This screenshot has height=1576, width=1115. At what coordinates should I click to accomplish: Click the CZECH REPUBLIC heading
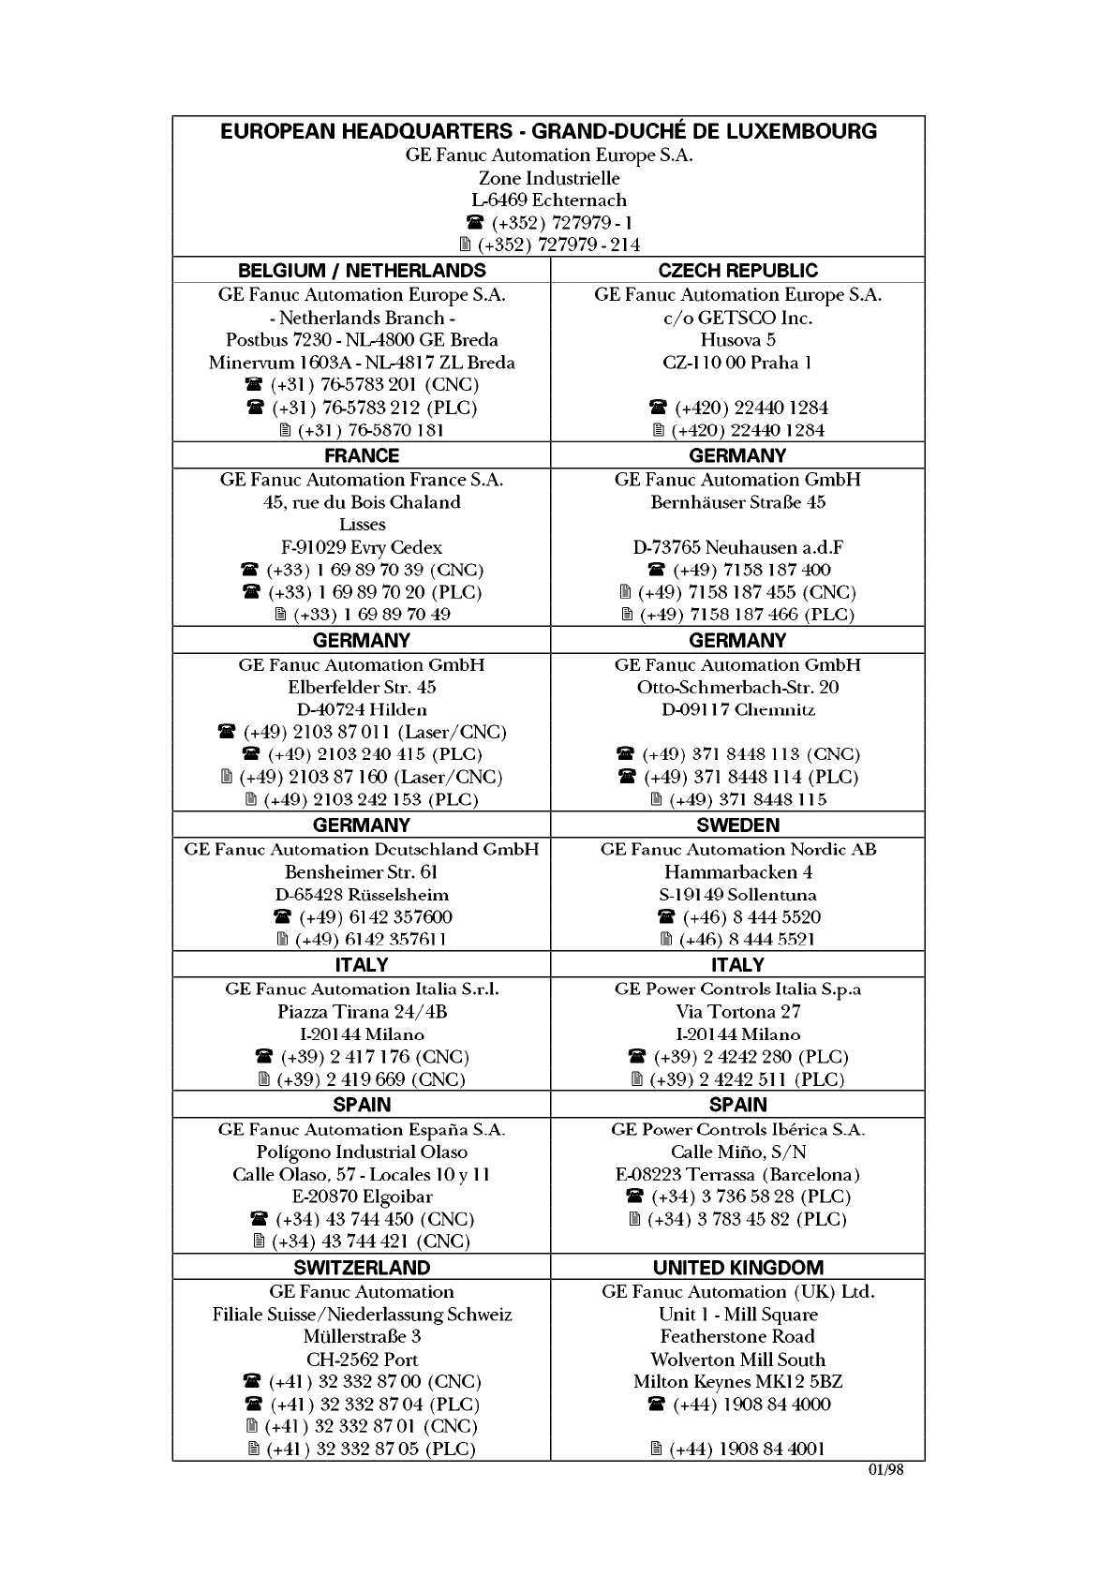click(737, 271)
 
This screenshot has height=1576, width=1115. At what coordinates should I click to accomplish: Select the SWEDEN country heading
click(737, 825)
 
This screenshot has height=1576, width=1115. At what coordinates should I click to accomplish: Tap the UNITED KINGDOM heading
click(737, 1268)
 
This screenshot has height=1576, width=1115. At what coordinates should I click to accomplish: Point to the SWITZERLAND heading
click(362, 1268)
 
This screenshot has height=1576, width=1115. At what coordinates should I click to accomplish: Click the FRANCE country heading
click(362, 455)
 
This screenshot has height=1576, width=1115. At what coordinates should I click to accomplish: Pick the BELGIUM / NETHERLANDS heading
click(362, 271)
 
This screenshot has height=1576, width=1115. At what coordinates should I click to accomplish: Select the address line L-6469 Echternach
click(549, 200)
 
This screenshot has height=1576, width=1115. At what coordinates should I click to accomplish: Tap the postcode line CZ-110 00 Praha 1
click(737, 363)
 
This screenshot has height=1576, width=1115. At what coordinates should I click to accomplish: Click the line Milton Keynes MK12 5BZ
click(737, 1382)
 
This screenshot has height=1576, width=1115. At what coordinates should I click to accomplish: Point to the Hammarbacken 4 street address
click(737, 872)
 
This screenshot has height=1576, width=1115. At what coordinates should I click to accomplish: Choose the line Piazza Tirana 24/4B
click(362, 1012)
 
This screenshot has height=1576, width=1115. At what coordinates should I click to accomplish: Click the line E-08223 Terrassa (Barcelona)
click(737, 1175)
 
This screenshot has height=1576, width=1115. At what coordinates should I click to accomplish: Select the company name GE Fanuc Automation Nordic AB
click(737, 850)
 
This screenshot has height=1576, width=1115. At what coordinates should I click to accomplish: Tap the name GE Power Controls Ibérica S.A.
click(737, 1130)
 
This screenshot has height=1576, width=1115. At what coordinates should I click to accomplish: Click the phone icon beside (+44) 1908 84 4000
click(657, 1405)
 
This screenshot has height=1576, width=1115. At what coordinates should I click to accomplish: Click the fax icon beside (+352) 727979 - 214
click(465, 245)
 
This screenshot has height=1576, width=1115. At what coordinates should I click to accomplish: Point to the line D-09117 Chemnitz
click(737, 709)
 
